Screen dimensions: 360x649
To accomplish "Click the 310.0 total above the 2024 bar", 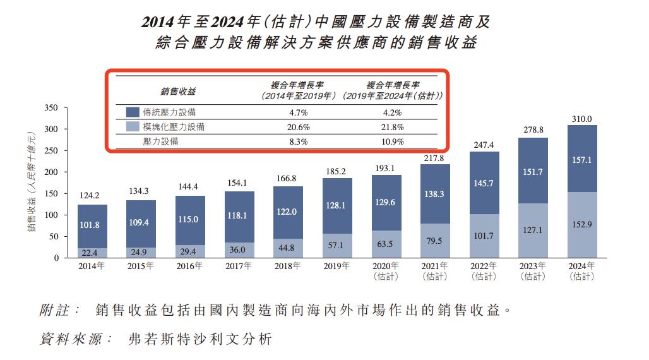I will coord(581,119).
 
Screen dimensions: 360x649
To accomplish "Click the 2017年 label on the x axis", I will coord(238,266).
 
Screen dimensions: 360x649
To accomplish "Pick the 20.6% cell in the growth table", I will coord(299,127).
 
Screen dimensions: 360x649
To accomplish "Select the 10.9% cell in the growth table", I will coord(393,141).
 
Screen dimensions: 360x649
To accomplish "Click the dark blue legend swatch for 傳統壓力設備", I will coord(133,112).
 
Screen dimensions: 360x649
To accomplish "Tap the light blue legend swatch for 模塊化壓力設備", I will coord(133,127).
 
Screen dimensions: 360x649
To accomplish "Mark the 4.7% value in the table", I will coord(299,112).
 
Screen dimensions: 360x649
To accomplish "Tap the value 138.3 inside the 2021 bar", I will coord(434,194).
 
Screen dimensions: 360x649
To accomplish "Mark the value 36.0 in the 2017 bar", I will coord(238,250).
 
